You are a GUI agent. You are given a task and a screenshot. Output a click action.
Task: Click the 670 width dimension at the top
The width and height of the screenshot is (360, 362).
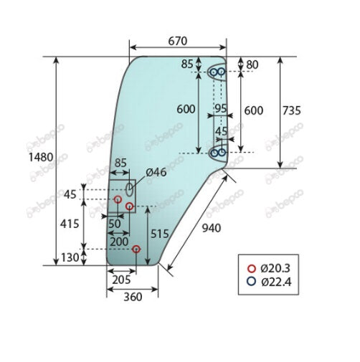(x=178, y=42)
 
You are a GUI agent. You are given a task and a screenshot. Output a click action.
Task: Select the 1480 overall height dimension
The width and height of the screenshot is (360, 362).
(x=39, y=156)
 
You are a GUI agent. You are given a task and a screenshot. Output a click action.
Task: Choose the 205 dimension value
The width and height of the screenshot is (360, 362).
(x=121, y=280)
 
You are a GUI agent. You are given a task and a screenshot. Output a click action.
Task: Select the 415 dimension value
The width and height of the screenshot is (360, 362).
(x=70, y=224)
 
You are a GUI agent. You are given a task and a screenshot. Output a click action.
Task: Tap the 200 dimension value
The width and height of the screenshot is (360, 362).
(x=120, y=242)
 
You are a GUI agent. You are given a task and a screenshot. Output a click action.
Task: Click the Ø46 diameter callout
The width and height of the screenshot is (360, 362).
(x=156, y=173)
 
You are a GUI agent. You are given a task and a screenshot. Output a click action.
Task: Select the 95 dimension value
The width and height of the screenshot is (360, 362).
(x=222, y=109)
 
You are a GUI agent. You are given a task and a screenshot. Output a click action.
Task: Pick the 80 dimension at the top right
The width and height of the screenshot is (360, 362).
(x=251, y=65)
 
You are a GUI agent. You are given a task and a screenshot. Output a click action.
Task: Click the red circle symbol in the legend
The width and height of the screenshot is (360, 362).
(x=251, y=267)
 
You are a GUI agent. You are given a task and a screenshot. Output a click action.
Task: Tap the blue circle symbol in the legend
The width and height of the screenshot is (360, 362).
(x=251, y=282)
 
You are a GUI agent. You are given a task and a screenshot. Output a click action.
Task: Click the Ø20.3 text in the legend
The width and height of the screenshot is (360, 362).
(x=277, y=267)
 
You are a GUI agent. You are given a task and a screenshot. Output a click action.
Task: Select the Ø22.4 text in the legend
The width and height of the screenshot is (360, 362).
(x=277, y=282)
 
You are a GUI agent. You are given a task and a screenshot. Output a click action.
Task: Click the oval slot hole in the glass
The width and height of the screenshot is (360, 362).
(x=129, y=189)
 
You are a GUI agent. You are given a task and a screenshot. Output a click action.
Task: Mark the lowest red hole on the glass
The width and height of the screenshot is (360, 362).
(x=136, y=249)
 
